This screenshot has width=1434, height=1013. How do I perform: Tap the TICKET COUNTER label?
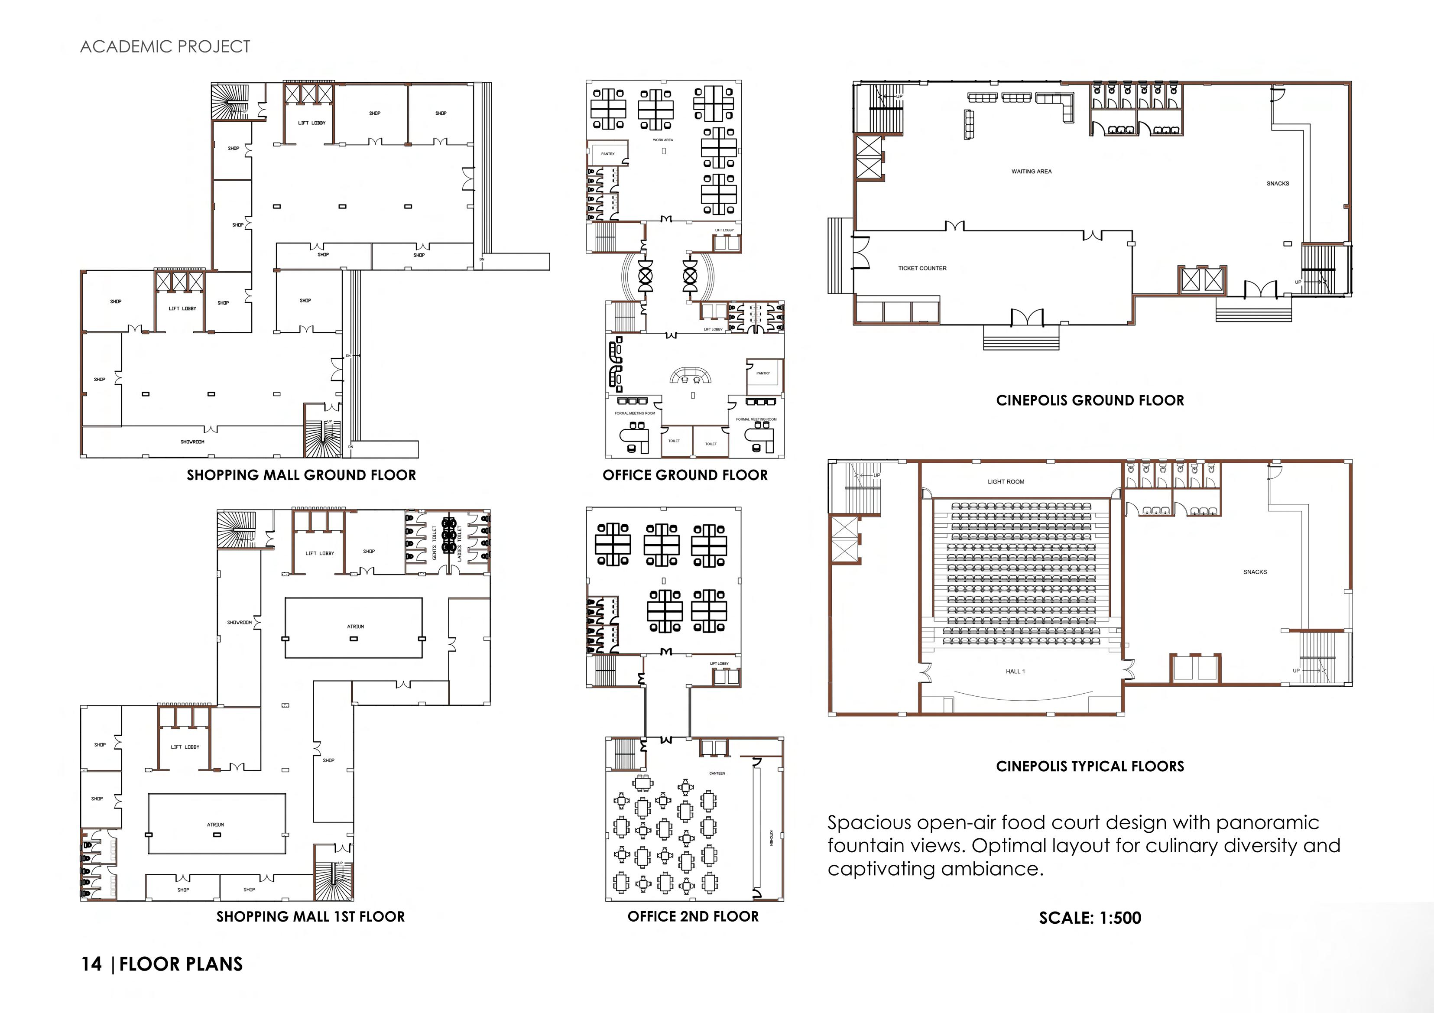922,269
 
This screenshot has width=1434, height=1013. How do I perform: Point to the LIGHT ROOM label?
1006,481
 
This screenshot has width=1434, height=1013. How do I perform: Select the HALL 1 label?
1015,672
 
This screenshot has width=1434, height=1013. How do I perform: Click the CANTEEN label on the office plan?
717,773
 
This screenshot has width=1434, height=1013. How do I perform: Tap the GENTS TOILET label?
435,542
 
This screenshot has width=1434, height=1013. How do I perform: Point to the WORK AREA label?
663,140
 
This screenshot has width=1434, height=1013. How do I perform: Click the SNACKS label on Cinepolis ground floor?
1277,184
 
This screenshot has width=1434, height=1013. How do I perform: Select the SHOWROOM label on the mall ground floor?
192,442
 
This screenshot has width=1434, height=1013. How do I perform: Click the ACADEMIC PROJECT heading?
165,47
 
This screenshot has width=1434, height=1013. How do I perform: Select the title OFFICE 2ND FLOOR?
693,916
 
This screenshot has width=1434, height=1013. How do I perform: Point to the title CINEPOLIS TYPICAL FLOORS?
1090,766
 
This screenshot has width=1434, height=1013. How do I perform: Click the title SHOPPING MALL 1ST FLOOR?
310,917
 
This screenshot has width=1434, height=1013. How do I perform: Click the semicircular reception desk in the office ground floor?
691,375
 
